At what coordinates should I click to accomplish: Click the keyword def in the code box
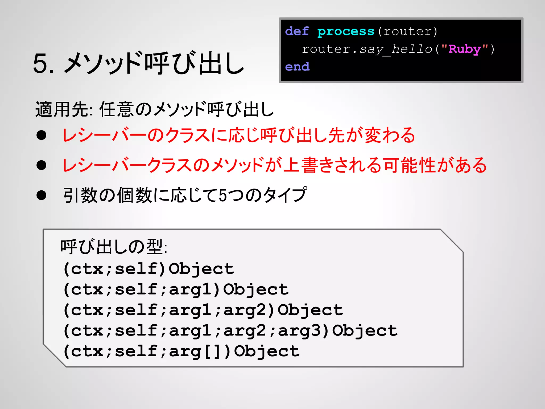click(x=297, y=31)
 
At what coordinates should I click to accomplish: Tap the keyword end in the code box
click(x=297, y=67)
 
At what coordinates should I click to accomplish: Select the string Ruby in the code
click(x=464, y=49)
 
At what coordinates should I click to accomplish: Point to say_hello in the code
click(x=396, y=50)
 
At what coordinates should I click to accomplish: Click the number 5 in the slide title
click(x=40, y=64)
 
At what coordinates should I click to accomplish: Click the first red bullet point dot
click(x=42, y=135)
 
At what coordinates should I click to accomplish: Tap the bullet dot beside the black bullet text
click(x=42, y=195)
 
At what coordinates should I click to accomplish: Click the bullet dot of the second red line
click(x=42, y=165)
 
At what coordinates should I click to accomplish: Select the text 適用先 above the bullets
click(x=62, y=109)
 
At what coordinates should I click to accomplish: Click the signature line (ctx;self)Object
click(x=148, y=269)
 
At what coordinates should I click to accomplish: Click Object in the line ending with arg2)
click(x=310, y=310)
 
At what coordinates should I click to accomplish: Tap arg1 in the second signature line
click(x=190, y=290)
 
